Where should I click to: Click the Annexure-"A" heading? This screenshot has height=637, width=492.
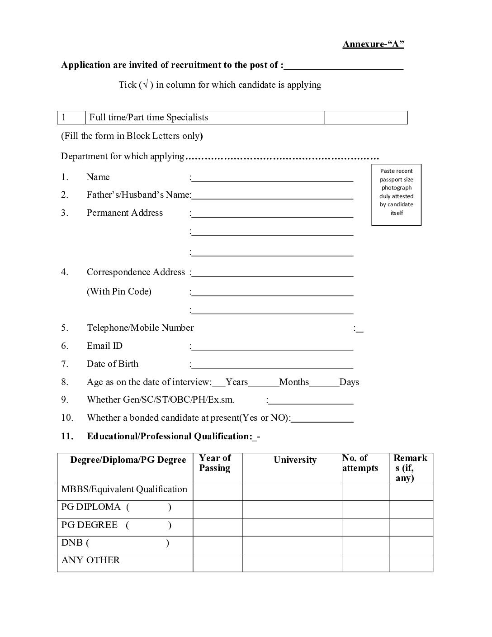tap(373, 44)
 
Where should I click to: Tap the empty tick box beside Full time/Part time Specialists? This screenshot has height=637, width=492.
tap(366, 118)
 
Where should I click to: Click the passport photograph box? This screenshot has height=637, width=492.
tap(396, 195)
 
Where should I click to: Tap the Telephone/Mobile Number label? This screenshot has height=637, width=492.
tap(140, 328)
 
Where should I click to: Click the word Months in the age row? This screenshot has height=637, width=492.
tap(294, 382)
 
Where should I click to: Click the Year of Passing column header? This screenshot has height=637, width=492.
tap(215, 463)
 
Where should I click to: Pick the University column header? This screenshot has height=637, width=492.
tap(295, 460)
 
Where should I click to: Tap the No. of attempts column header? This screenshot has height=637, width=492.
tap(360, 463)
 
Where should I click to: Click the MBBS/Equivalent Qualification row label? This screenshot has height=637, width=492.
tap(124, 490)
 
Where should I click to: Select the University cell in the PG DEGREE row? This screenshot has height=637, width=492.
tap(292, 527)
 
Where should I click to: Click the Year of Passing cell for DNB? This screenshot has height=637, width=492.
tap(218, 545)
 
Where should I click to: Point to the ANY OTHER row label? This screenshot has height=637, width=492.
tap(91, 561)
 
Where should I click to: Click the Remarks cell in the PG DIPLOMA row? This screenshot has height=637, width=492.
tap(411, 509)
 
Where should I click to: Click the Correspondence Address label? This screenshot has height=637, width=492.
tap(136, 272)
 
